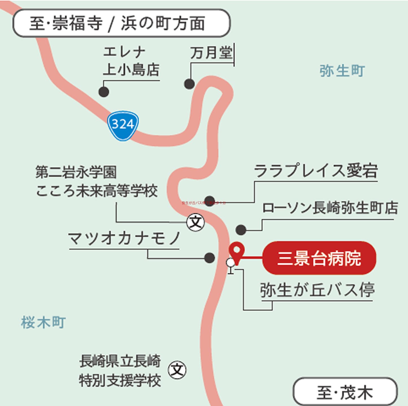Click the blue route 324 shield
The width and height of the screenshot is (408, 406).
point(123,125)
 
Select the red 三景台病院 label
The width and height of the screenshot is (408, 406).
point(319,258)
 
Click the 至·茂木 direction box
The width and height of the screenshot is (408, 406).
point(345,392)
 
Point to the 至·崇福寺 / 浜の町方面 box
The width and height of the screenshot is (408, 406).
point(121,23)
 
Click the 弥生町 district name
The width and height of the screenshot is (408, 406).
point(342,70)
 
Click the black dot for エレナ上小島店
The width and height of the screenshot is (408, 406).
point(104,92)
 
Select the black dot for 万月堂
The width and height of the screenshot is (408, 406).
point(189,84)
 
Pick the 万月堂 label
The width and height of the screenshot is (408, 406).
point(211,53)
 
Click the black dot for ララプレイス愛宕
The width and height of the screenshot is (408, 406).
point(209,200)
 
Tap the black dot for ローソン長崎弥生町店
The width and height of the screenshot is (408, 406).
point(241,230)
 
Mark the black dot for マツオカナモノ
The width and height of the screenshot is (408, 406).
point(209,258)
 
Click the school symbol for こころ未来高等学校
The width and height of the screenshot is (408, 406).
point(196,222)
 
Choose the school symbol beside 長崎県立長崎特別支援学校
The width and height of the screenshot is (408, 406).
point(177,370)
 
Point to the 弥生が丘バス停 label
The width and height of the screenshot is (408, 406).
point(317,290)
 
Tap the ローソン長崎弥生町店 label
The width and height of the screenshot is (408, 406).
point(330,208)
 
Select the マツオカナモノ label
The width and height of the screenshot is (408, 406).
point(124,239)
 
